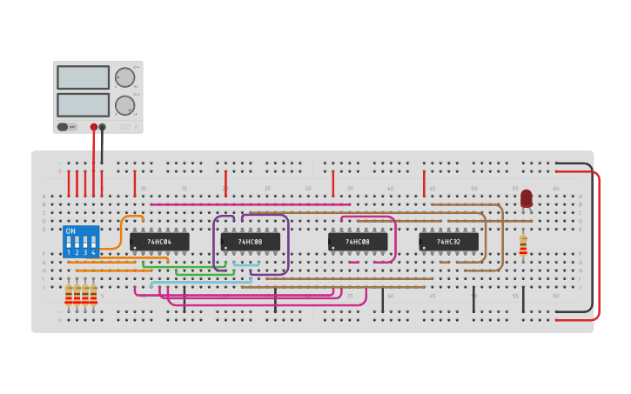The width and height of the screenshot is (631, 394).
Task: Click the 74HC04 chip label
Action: pos(159,241)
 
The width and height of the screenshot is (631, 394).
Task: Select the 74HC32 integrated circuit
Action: pos(448,241)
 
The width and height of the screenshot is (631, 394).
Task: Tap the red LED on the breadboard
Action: pos(526,198)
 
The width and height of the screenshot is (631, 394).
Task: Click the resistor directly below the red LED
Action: pos(523,245)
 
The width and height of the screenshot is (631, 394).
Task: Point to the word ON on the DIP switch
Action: pos(70,231)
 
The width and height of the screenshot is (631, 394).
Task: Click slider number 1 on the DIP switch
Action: pos(69,243)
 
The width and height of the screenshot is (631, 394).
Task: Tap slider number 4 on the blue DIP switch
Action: pos(93,243)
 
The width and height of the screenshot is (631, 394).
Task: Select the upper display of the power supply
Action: pos(83,77)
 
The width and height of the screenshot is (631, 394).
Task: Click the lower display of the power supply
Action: pos(83,105)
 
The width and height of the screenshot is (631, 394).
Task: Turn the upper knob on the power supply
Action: pos(125,77)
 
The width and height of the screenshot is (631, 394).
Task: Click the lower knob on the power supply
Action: pos(125,105)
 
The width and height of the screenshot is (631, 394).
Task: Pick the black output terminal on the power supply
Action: pos(103,127)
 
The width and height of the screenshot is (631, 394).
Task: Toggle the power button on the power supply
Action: pos(63,127)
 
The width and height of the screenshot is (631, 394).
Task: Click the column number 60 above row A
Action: pos(556,189)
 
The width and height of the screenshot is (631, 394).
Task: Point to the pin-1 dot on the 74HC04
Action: pos(134,248)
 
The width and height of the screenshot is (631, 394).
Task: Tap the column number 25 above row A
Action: pos(266,189)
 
